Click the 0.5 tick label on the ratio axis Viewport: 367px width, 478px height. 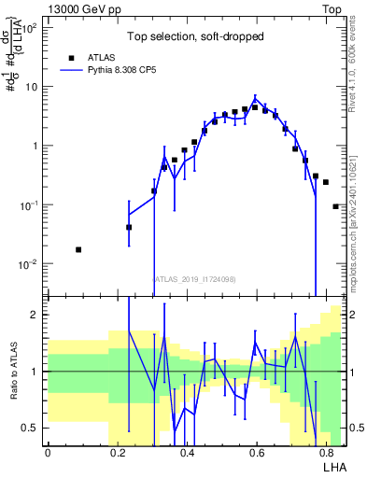point(32,428)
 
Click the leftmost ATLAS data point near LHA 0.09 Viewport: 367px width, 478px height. point(78,249)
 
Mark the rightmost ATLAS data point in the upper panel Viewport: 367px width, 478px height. point(335,206)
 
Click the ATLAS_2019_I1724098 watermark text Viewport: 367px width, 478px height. point(194,278)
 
